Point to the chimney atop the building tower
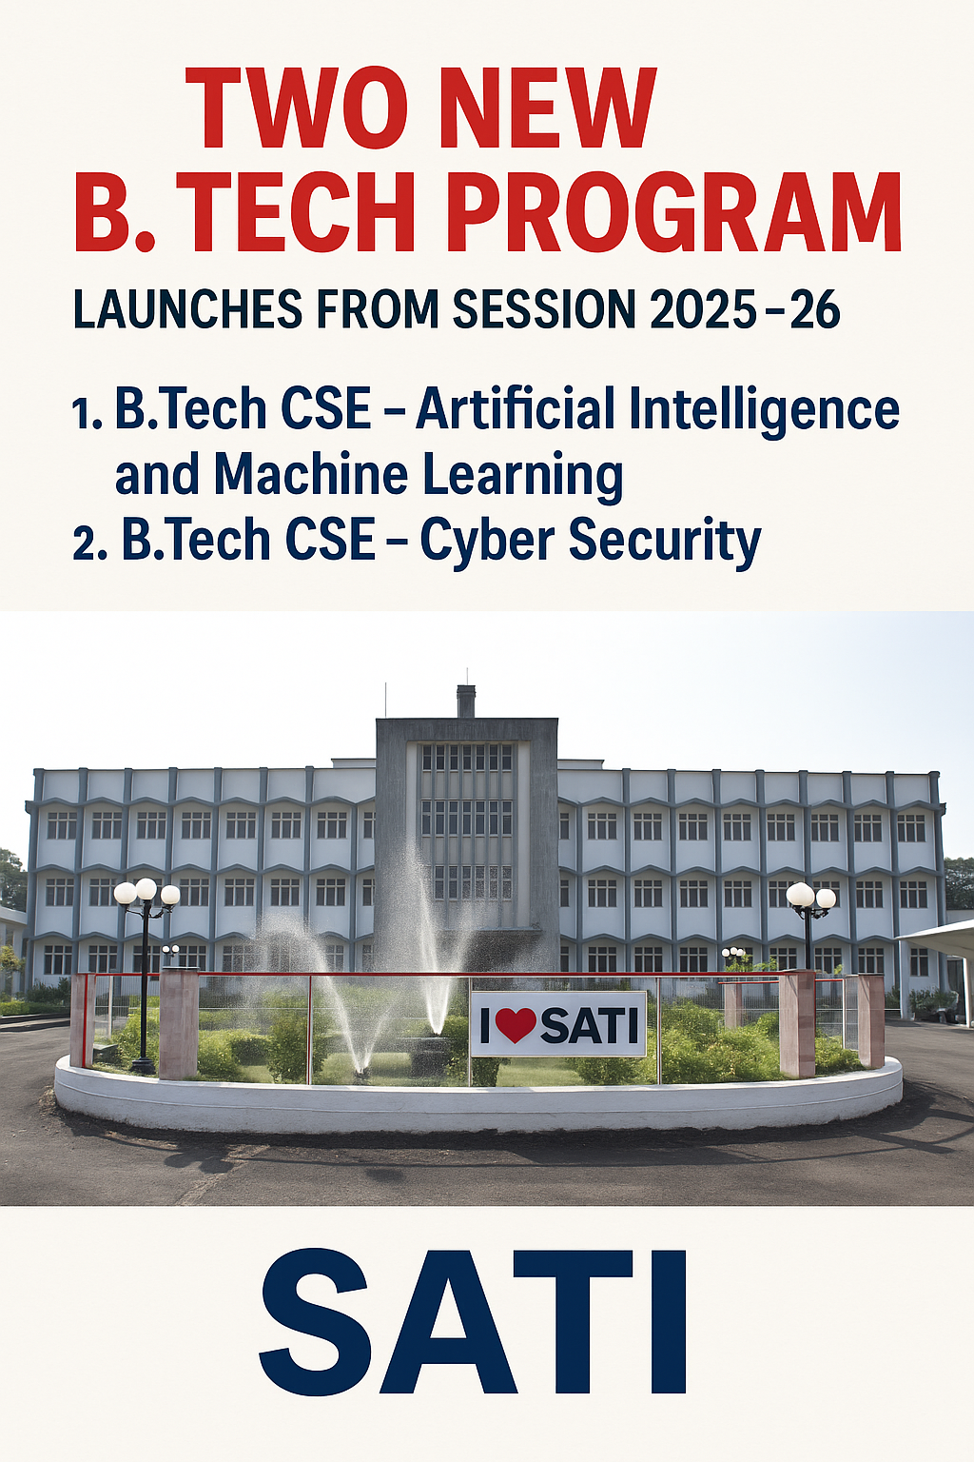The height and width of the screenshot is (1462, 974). point(465,701)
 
